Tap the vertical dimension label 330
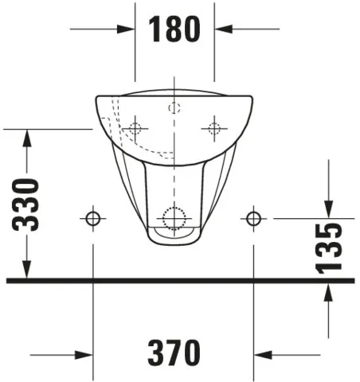click(29, 205)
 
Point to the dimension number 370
click(174, 352)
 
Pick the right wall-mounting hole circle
click(253, 217)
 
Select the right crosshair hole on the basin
click(213, 127)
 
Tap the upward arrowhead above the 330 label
click(28, 137)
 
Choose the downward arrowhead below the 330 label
click(28, 271)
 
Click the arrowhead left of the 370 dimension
click(85, 353)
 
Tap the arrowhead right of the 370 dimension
click(263, 353)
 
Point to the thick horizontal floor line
click(180, 281)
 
